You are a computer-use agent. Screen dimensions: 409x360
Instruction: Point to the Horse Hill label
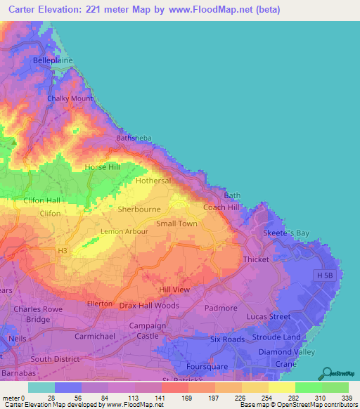pos(103,167)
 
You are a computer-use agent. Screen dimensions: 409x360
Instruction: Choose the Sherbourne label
pos(139,209)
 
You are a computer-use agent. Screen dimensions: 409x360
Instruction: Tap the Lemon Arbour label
pos(124,231)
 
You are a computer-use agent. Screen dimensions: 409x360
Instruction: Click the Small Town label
pos(176,223)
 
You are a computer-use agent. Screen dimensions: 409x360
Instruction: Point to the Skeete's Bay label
pos(285,233)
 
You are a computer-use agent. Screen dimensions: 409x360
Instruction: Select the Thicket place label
pos(256,259)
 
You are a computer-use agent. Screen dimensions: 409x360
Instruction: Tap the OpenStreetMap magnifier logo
pos(328,373)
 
